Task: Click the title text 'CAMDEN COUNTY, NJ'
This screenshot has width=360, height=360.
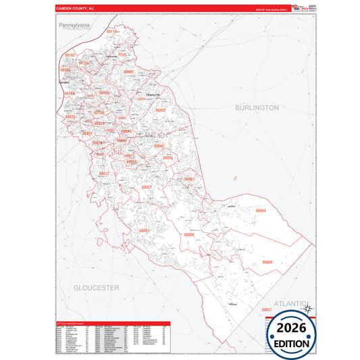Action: click(72, 9)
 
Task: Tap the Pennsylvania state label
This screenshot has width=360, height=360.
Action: click(74, 25)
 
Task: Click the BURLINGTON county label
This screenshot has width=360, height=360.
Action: click(256, 107)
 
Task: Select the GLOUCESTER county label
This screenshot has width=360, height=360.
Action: click(97, 288)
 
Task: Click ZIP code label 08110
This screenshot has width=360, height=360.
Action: click(112, 32)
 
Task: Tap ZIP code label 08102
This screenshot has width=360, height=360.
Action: click(70, 55)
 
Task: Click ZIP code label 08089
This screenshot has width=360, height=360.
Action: click(267, 261)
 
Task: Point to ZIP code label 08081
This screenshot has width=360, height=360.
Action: click(144, 230)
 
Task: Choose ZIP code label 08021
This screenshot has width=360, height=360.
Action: click(147, 187)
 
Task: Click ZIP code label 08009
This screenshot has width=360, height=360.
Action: click(189, 234)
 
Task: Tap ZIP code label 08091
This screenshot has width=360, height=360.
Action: click(190, 179)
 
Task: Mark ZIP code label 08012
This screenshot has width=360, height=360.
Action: click(104, 174)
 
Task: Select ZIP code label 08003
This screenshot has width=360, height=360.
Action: click(160, 109)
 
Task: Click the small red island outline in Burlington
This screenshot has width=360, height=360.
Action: click(234, 178)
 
